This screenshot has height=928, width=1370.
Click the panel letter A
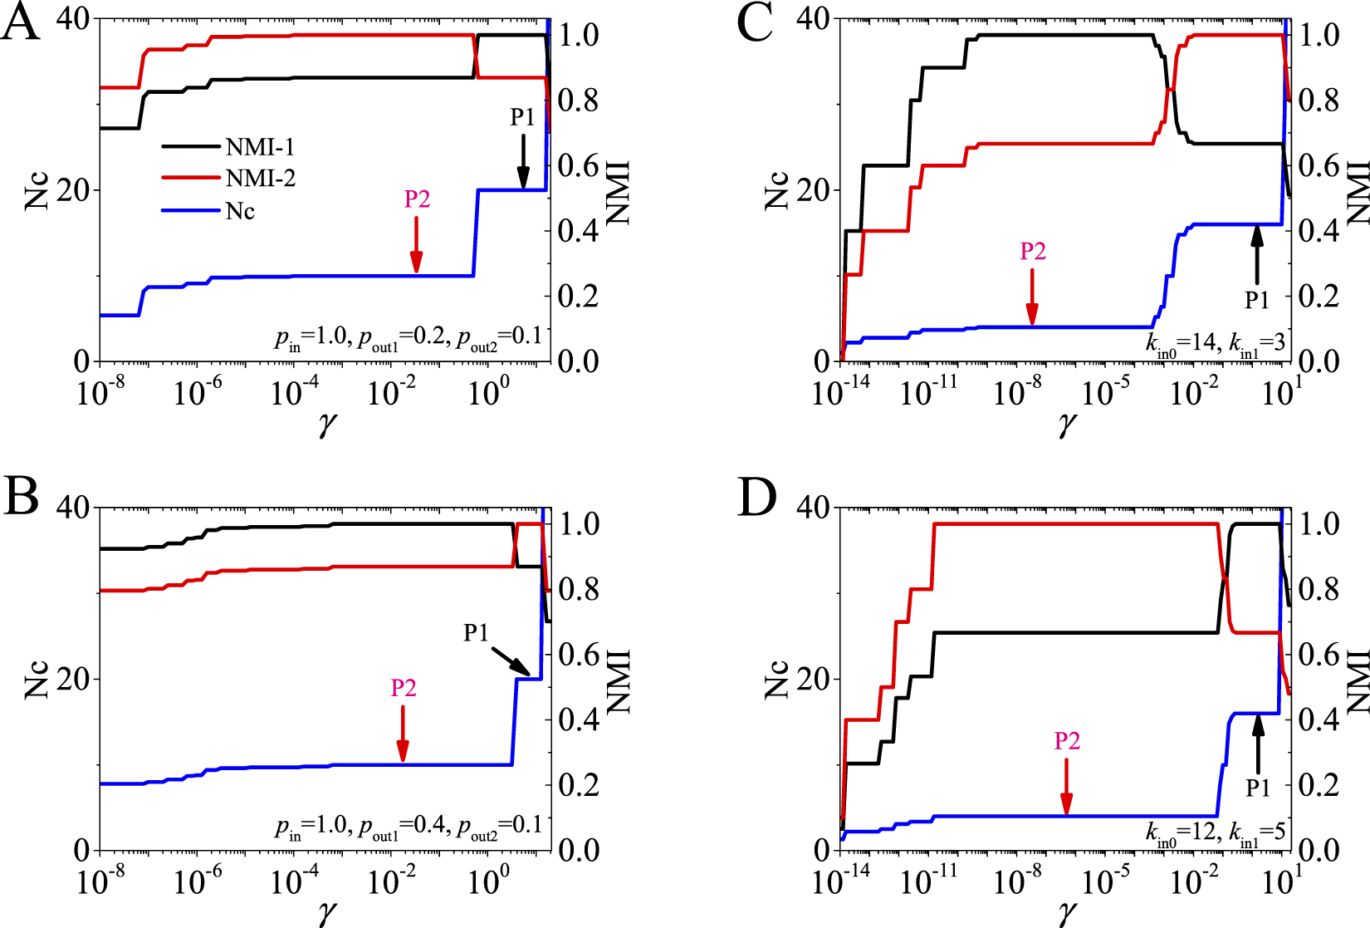pos(20,24)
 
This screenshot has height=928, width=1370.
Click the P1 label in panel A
pos(522,118)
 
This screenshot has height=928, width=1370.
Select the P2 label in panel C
pos(1032,251)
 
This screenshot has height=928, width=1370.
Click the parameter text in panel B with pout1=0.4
pos(408,827)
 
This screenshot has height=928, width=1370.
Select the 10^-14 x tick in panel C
pos(840,391)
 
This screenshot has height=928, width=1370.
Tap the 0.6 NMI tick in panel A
pos(578,165)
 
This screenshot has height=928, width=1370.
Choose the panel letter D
pos(756,498)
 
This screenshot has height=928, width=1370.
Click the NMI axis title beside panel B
pos(619,681)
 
